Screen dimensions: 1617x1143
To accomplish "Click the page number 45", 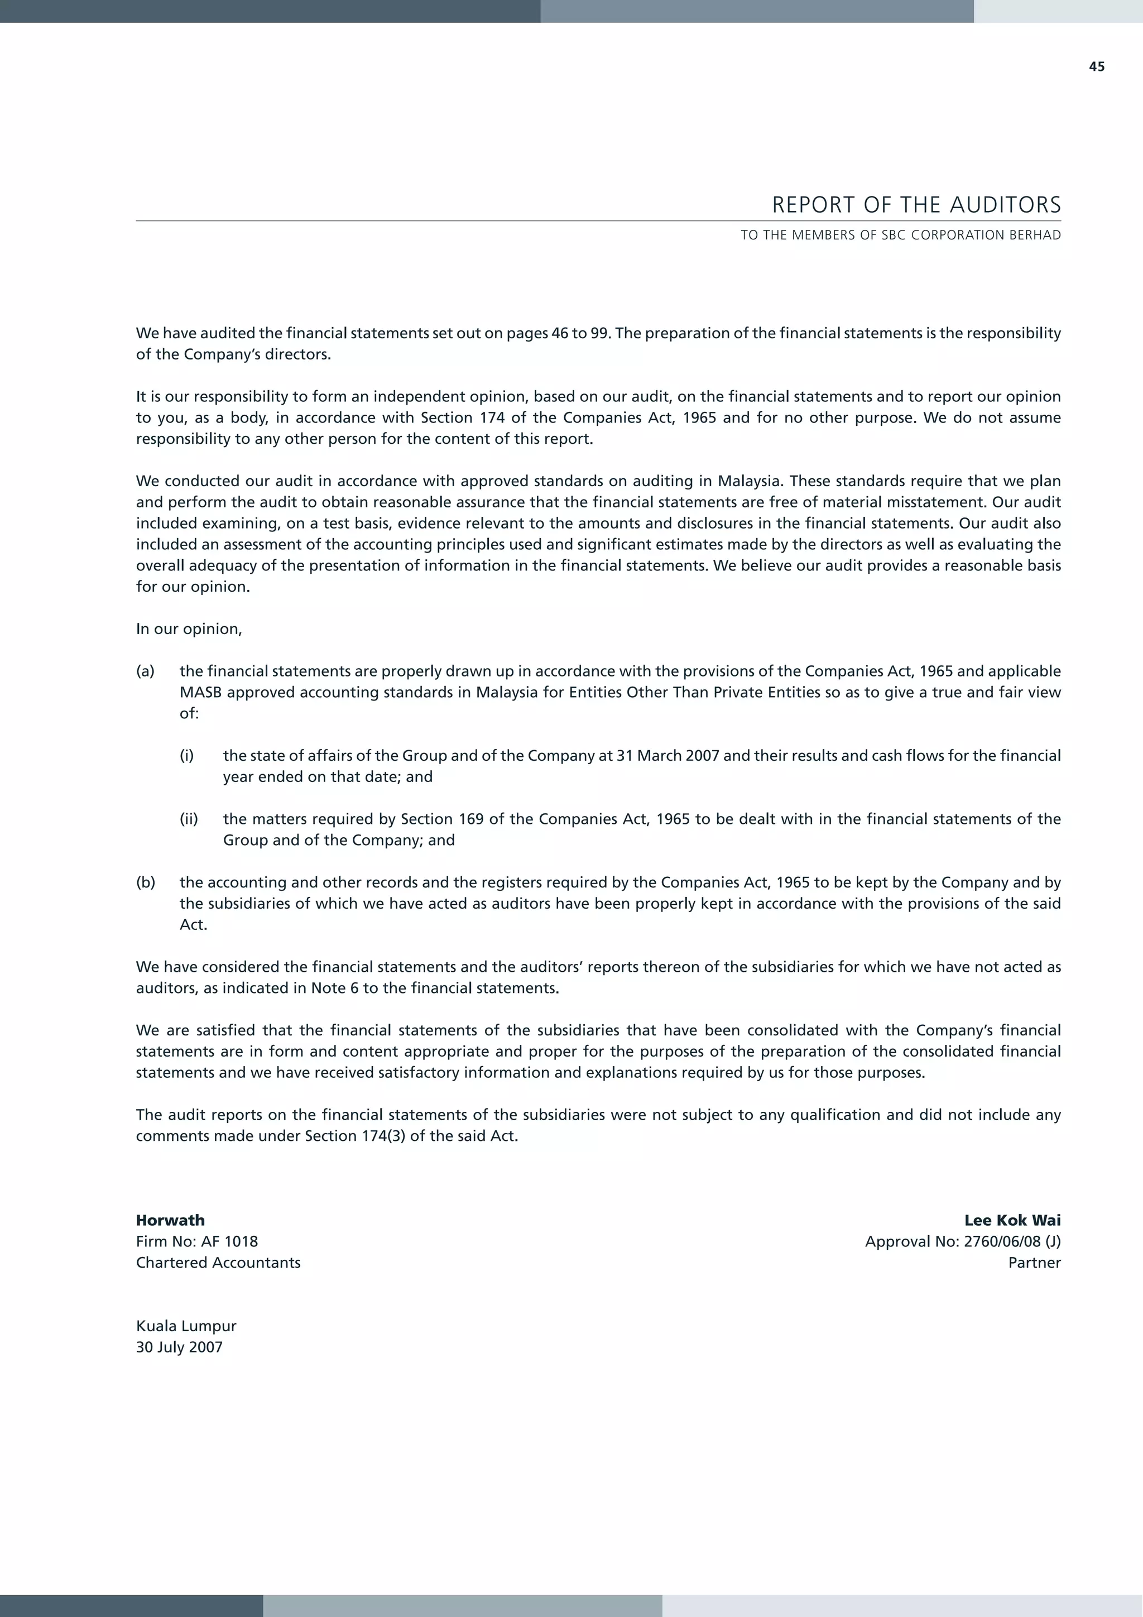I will tap(1097, 67).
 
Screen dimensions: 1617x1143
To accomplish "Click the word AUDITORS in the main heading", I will tap(1005, 205).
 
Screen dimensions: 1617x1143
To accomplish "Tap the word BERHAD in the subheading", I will tap(1035, 235).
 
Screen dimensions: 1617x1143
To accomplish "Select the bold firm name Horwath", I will tap(170, 1221).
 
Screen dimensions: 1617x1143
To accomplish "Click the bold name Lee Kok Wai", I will tap(1012, 1221).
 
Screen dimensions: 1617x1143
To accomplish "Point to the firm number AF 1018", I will tap(229, 1241).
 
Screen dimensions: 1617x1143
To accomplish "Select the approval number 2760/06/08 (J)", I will tap(1012, 1241).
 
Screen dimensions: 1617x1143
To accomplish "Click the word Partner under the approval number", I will tap(1034, 1263).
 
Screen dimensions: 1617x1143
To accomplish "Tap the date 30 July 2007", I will tap(179, 1347).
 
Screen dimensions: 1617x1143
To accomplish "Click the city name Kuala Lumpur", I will tap(186, 1326).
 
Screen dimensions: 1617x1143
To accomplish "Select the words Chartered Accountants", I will tap(218, 1263).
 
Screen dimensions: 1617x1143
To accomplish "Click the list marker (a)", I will tap(145, 671).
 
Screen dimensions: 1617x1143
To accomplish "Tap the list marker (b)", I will tap(146, 882).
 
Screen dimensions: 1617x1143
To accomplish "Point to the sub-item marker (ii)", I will tap(189, 819).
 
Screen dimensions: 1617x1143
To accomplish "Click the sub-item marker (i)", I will tap(186, 756).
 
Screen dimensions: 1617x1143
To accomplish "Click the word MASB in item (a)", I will tap(201, 692).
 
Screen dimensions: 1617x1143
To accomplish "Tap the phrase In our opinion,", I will tap(189, 629).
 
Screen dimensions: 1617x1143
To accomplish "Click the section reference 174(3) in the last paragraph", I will tap(382, 1136).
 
